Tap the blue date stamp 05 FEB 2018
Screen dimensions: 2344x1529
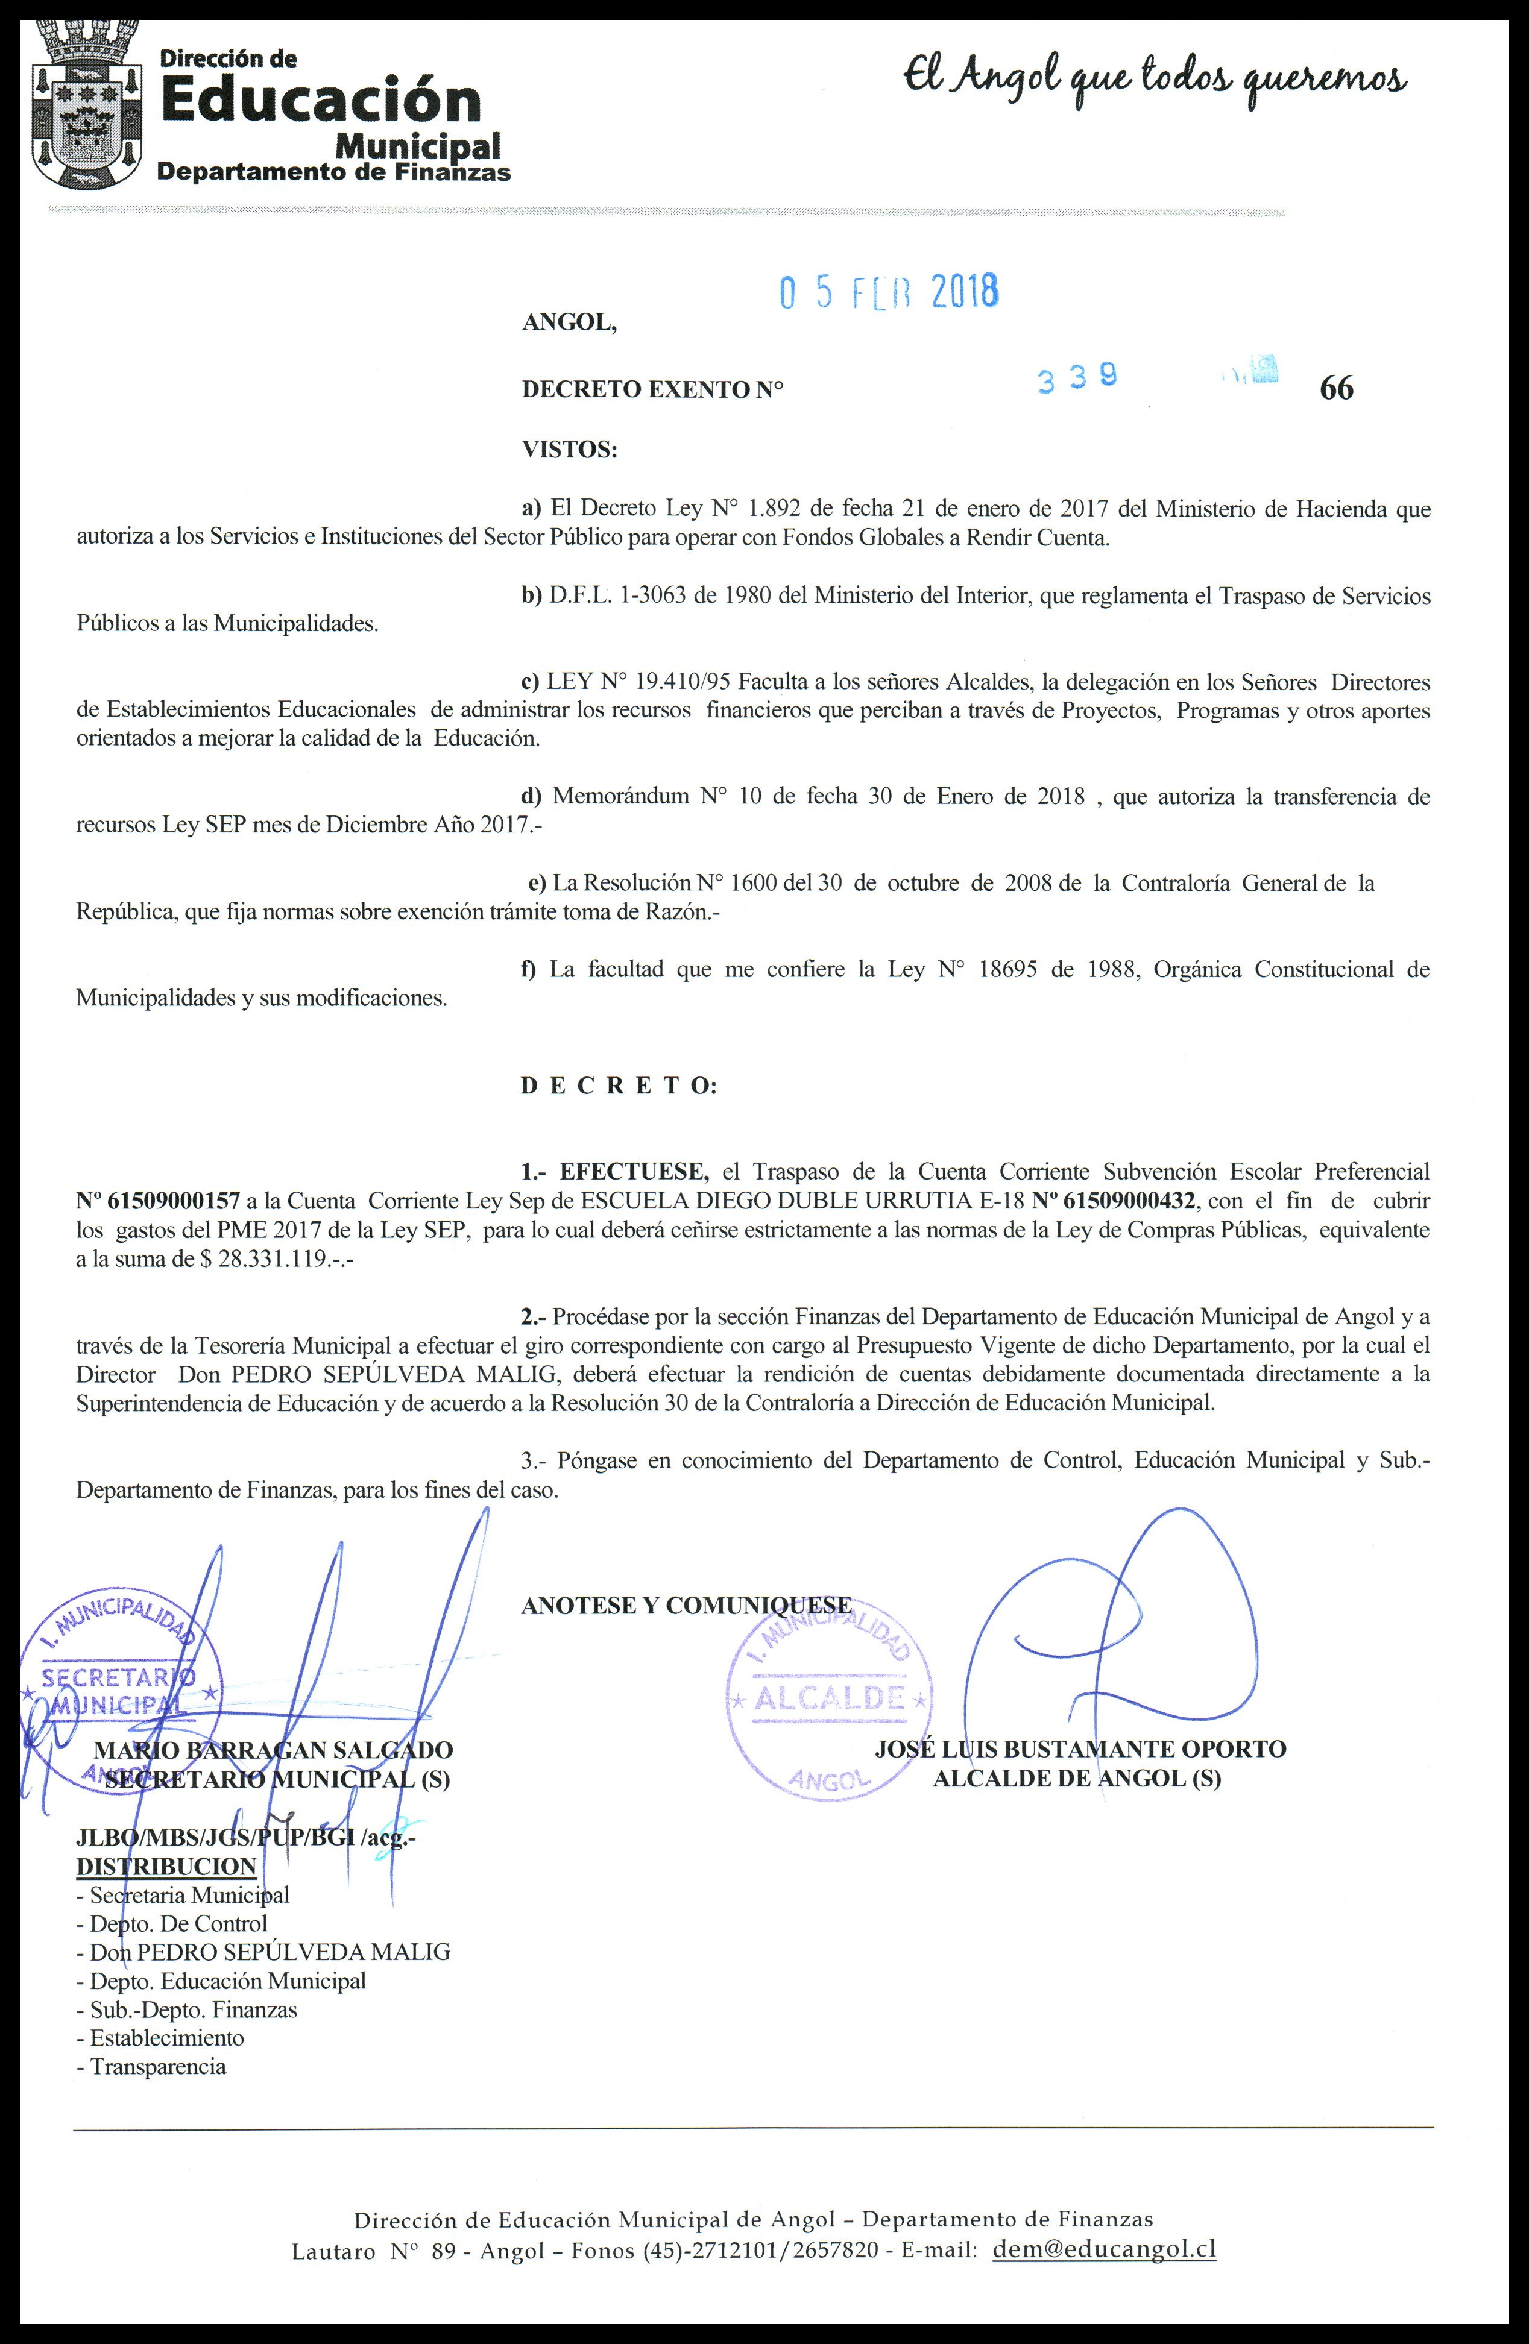(889, 292)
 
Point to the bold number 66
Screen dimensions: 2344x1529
(1336, 389)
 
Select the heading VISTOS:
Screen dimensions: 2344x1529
(569, 450)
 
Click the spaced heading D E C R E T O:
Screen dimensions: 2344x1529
(619, 1086)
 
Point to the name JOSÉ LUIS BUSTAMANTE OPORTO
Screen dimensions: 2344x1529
(1080, 1749)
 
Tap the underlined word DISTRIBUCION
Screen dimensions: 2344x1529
(166, 1866)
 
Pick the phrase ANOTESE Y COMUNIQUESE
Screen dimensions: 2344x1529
(686, 1605)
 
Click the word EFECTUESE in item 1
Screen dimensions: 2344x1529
(634, 1172)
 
